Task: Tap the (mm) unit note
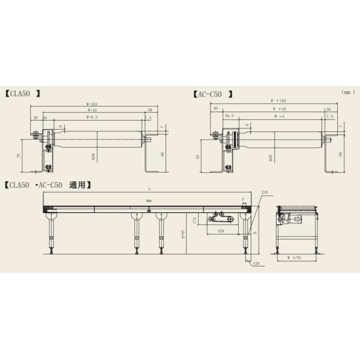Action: (x=349, y=92)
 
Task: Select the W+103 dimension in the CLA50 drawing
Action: (x=92, y=103)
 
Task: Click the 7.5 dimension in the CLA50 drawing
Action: (x=148, y=118)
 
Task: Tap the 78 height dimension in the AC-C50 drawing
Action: (x=197, y=157)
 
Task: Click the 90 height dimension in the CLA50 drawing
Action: (x=164, y=154)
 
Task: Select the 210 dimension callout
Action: (x=265, y=193)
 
